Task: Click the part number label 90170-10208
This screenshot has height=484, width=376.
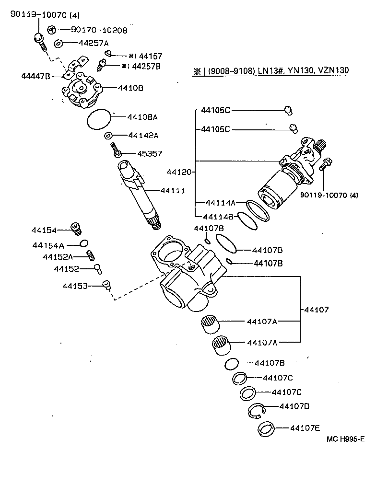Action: (x=99, y=30)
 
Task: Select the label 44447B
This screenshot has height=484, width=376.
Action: (x=35, y=76)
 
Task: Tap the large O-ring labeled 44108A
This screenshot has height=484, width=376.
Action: (x=99, y=118)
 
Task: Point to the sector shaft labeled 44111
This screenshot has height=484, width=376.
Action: (x=139, y=196)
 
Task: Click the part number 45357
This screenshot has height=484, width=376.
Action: (x=150, y=154)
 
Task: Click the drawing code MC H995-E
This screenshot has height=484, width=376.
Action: (x=346, y=439)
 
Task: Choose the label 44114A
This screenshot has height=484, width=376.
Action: (x=219, y=202)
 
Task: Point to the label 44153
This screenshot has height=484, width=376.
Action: (x=75, y=286)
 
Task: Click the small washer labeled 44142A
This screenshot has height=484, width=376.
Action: (x=109, y=136)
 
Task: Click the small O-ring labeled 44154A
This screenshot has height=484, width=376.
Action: (x=84, y=243)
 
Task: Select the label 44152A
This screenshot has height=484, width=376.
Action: (x=58, y=257)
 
